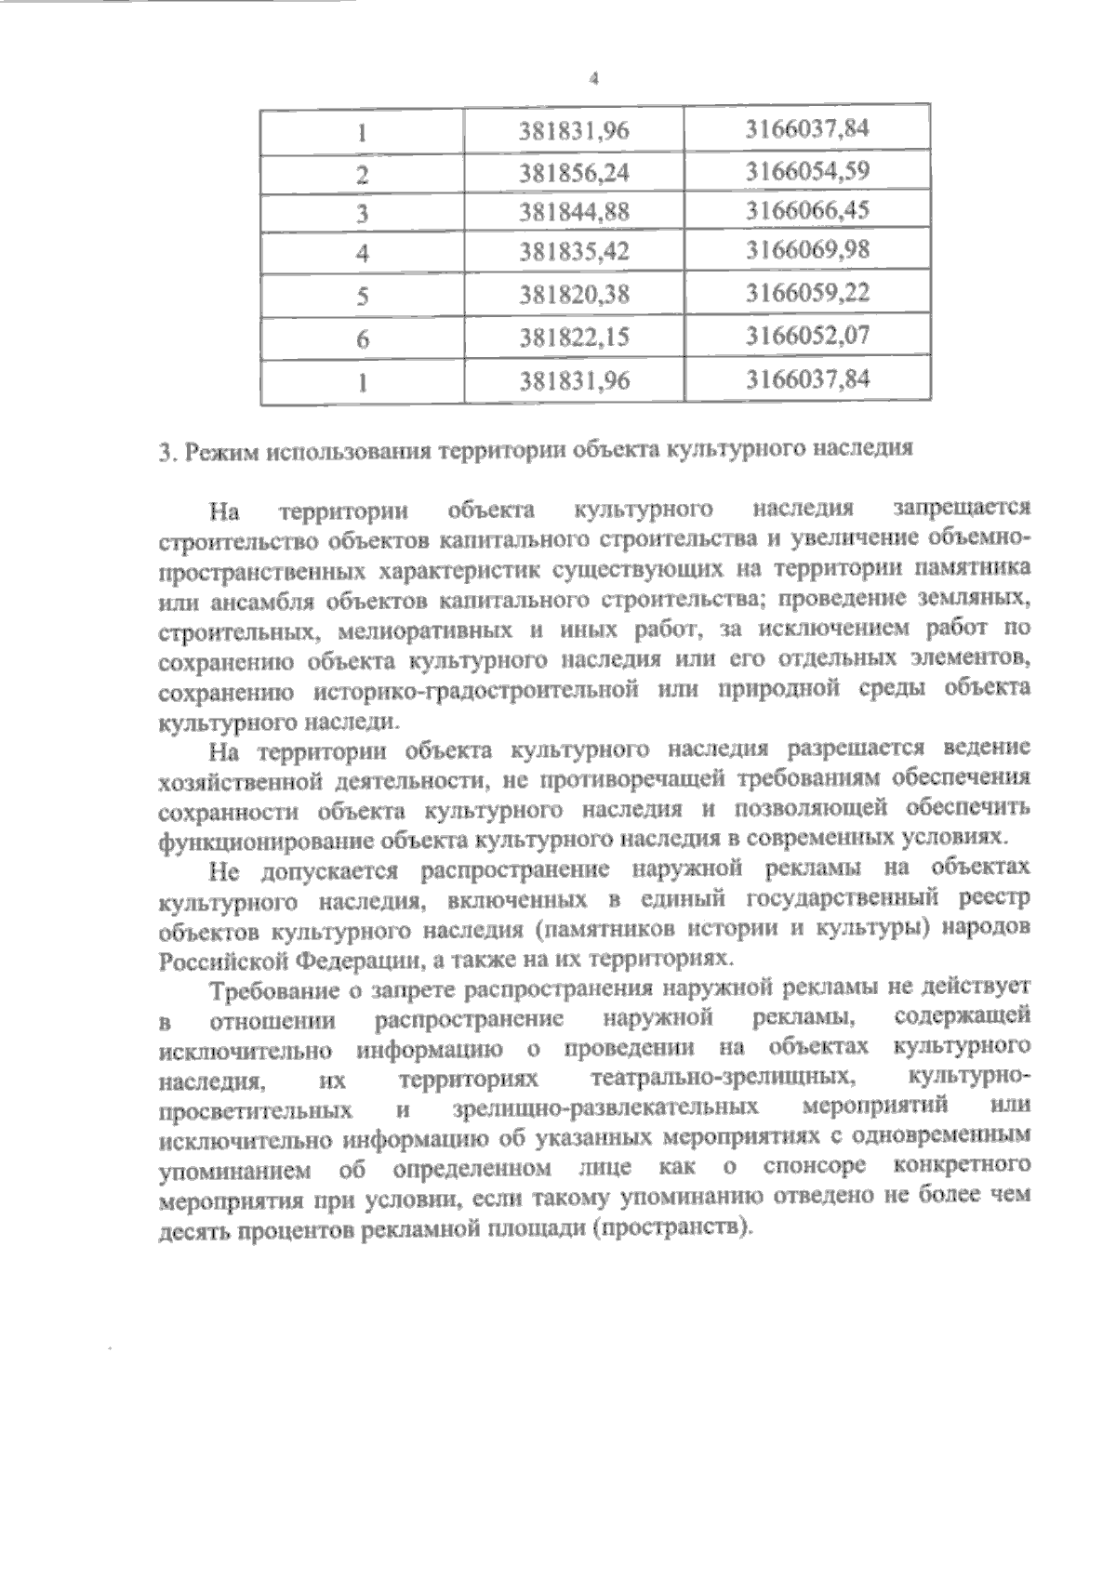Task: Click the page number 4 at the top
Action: point(592,79)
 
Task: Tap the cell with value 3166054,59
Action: point(806,171)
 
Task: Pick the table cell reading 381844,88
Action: point(575,212)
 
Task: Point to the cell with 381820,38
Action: point(575,295)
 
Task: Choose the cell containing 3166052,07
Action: point(806,335)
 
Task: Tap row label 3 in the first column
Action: point(363,213)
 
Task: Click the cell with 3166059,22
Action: point(806,293)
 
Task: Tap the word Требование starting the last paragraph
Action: point(272,988)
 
